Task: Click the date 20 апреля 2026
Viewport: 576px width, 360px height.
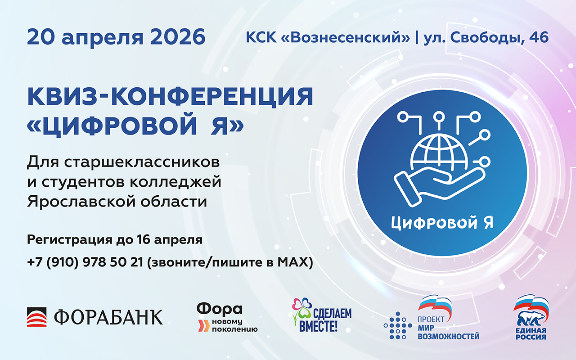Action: [x=116, y=37]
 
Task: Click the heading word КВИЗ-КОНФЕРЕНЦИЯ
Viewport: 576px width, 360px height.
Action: [x=170, y=97]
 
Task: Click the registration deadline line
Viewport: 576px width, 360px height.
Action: [x=115, y=239]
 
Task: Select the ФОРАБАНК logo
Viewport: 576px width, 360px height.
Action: [x=95, y=316]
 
